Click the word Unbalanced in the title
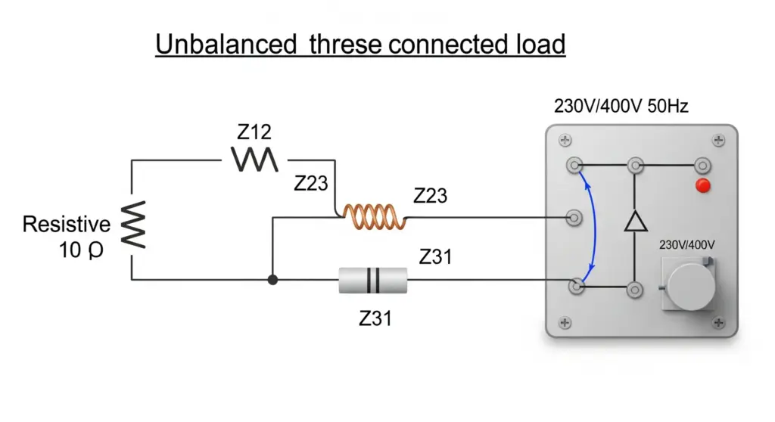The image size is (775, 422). pyautogui.click(x=226, y=44)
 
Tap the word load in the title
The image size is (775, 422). pyautogui.click(x=540, y=44)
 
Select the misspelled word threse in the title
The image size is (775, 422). pyautogui.click(x=345, y=44)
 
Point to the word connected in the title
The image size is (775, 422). pyautogui.click(x=449, y=44)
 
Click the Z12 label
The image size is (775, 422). pyautogui.click(x=254, y=132)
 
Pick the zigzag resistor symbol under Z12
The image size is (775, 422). pyautogui.click(x=254, y=160)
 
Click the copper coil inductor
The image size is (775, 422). pyautogui.click(x=375, y=217)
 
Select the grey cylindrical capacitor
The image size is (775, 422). pyautogui.click(x=373, y=280)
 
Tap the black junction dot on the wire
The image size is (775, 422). pyautogui.click(x=272, y=280)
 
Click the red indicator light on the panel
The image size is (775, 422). pyautogui.click(x=703, y=186)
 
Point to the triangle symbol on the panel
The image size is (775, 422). pyautogui.click(x=636, y=221)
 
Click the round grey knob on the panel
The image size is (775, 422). pyautogui.click(x=690, y=287)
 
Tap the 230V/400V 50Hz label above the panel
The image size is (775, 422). pyautogui.click(x=621, y=106)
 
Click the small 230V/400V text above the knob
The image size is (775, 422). pyautogui.click(x=687, y=244)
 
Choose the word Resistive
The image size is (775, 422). pyautogui.click(x=67, y=225)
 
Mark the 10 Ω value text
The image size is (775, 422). pyautogui.click(x=81, y=250)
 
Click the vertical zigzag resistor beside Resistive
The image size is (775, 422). pyautogui.click(x=133, y=225)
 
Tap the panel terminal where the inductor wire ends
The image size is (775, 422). pyautogui.click(x=574, y=217)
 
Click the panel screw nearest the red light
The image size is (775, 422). pyautogui.click(x=718, y=141)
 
